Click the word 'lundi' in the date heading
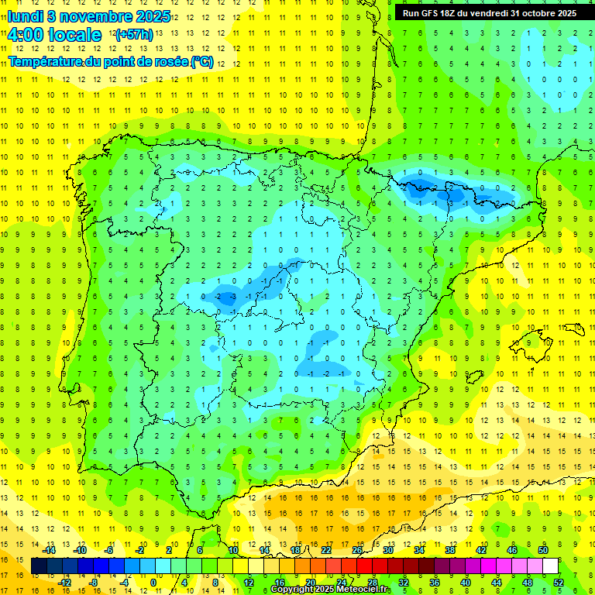pyautogui.click(x=25, y=15)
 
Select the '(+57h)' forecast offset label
pyautogui.click(x=133, y=36)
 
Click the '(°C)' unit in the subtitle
pyautogui.click(x=202, y=61)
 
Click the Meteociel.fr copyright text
pyautogui.click(x=331, y=590)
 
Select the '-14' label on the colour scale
pyautogui.click(x=50, y=551)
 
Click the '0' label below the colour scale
pyautogui.click(x=153, y=582)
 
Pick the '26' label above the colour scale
pyautogui.click(x=357, y=551)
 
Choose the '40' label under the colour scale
pyautogui.click(x=464, y=582)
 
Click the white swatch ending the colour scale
pyautogui.click(x=550, y=566)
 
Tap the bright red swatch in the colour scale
pyautogui.click(x=372, y=566)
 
